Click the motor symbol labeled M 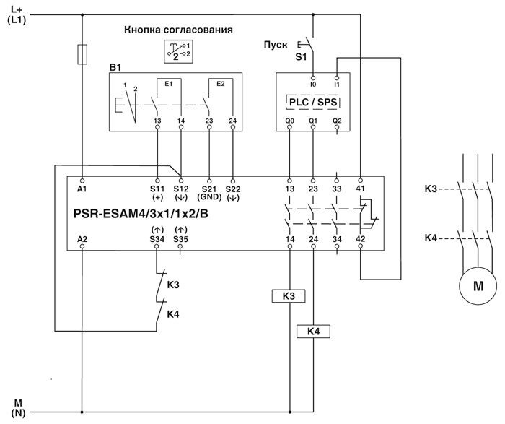pyautogui.click(x=478, y=285)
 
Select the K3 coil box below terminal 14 pyautogui.click(x=289, y=296)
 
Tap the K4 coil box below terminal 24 pyautogui.click(x=312, y=331)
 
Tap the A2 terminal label pyautogui.click(x=82, y=238)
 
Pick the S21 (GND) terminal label pyautogui.click(x=208, y=192)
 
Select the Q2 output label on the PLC pyautogui.click(x=337, y=121)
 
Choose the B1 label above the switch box pyautogui.click(x=114, y=67)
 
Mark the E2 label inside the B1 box pyautogui.click(x=214, y=84)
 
